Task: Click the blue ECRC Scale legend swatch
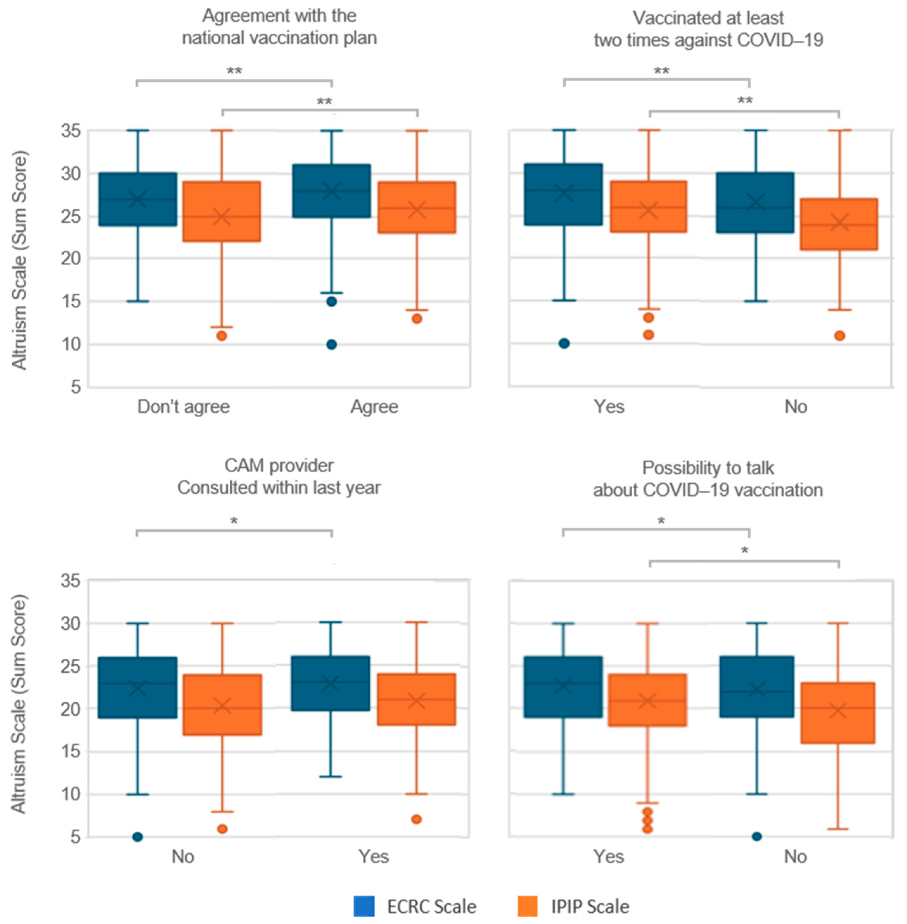[364, 906]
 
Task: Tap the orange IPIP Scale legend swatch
[527, 906]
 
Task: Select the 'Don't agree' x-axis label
[183, 406]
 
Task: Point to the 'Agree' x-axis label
[375, 406]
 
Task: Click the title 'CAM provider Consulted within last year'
[279, 476]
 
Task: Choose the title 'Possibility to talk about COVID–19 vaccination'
[708, 479]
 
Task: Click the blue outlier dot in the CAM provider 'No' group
[138, 837]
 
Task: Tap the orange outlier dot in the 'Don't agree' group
[222, 336]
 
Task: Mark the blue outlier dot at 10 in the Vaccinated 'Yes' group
[564, 343]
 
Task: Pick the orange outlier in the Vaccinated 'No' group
[839, 336]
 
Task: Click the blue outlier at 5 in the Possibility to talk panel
[756, 836]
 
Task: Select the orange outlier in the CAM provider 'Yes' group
[416, 819]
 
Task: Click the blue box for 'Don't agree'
[138, 199]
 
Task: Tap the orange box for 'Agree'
[417, 207]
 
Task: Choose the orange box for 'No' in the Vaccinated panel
[839, 224]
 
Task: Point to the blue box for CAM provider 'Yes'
[331, 683]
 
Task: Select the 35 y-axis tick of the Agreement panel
[70, 131]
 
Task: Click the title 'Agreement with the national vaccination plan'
[279, 27]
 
